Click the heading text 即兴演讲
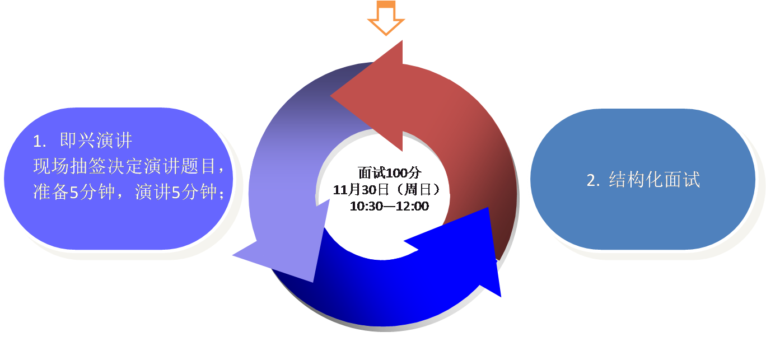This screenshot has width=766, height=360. click(96, 141)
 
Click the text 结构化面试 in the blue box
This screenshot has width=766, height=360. click(654, 180)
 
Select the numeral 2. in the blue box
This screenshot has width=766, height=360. click(594, 180)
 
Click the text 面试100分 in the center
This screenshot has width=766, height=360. click(389, 172)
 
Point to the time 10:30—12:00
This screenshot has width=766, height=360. click(389, 206)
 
